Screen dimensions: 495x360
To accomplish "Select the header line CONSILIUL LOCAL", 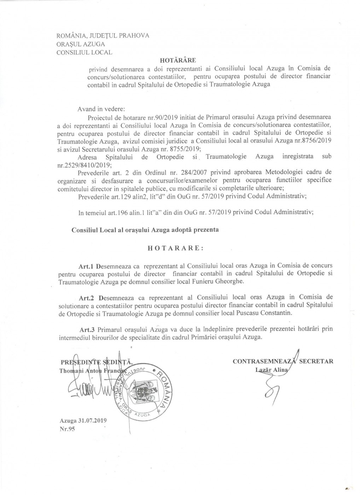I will point(82,52).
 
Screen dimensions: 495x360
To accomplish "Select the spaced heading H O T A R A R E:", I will point(175,248).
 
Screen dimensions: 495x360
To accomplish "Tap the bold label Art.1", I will point(87,265).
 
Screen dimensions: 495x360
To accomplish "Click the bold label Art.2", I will point(87,297).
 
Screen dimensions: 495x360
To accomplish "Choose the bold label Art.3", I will point(87,329).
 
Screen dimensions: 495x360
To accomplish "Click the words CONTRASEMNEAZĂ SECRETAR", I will point(283,361).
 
